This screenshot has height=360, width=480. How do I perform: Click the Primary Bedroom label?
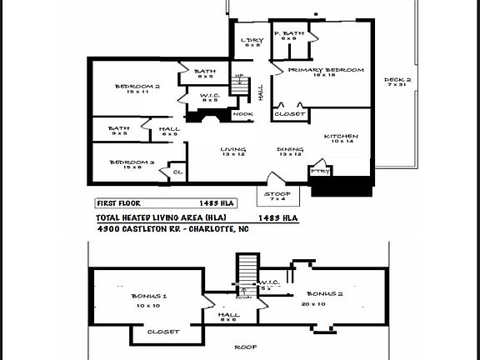(326, 71)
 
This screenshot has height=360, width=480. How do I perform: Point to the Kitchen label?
(342, 136)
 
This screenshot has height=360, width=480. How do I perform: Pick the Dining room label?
(290, 150)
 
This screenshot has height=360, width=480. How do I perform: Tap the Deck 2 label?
(397, 81)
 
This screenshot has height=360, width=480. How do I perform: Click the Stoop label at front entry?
(277, 193)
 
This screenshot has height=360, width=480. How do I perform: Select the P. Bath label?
(289, 32)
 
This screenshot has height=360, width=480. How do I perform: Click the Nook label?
(243, 114)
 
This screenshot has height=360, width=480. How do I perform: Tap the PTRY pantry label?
(319, 171)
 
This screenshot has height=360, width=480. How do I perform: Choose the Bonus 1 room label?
(149, 297)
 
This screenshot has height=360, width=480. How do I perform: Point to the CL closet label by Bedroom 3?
(177, 172)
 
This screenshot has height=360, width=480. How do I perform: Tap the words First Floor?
(117, 202)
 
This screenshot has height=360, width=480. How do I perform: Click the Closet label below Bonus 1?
(162, 332)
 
